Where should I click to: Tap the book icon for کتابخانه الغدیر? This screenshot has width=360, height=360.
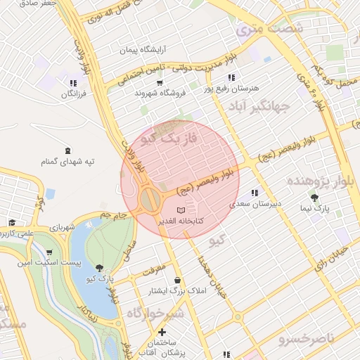[x=181, y=210]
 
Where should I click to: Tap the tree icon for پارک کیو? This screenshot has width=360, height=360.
[x=98, y=268]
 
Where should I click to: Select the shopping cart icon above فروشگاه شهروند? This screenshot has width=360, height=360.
[x=160, y=83]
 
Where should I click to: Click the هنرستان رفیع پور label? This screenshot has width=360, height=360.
[x=231, y=89]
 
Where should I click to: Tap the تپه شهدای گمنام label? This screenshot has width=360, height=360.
[x=67, y=162]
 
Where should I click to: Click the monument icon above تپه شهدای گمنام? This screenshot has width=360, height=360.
[x=67, y=150]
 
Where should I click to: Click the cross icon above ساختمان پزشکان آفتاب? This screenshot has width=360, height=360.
[x=162, y=332]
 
